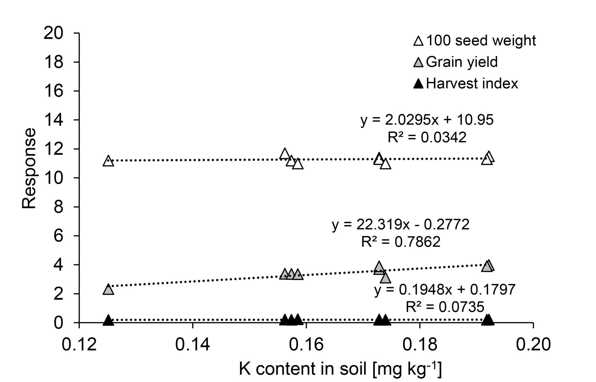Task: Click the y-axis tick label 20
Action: coord(54,33)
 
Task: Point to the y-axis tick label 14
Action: coord(54,120)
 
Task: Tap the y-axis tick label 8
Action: coord(58,207)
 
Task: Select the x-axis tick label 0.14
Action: coord(193,344)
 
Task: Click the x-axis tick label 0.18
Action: coord(420,344)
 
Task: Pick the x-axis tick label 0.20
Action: coord(533,344)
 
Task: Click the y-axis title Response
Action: coord(29,168)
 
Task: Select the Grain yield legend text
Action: coord(462,62)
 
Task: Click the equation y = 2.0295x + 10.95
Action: coord(427,120)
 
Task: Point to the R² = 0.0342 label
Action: coord(427,137)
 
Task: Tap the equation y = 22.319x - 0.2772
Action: coord(401,224)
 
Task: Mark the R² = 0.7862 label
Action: coord(401,242)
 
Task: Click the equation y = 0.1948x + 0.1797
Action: coord(445,290)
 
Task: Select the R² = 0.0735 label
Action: coord(445,307)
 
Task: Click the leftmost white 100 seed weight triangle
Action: coord(108,161)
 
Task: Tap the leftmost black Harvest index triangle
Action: coord(108,320)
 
